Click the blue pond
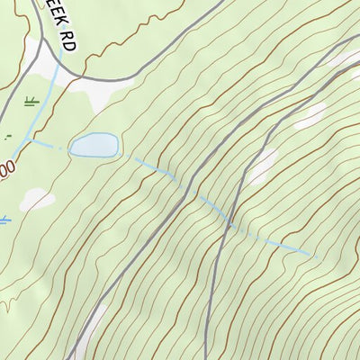tap(94, 144)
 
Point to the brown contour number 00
tap(6, 168)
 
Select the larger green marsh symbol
tap(31, 101)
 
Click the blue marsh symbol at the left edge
tap(4, 219)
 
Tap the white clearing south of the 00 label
tap(36, 200)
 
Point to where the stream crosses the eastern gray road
tap(232, 223)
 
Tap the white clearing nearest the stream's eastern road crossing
tap(263, 166)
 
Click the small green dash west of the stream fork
tap(9, 138)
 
